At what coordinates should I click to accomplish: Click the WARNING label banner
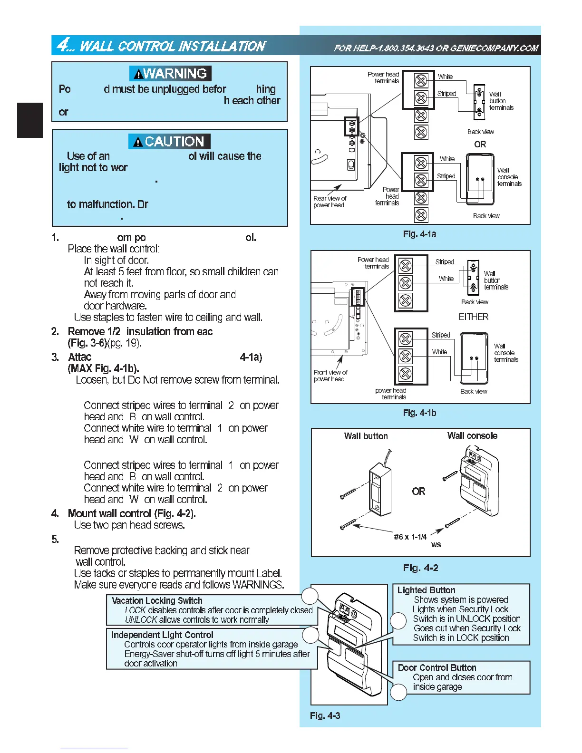(170, 74)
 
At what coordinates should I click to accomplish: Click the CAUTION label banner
(169, 142)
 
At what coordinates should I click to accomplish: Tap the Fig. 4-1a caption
(419, 234)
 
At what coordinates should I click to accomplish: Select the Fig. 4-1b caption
(419, 413)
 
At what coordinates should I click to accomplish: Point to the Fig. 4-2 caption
(420, 568)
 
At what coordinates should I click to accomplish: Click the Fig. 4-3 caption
(325, 715)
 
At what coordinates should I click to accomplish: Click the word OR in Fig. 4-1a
(480, 144)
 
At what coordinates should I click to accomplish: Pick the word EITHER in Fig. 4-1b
(473, 317)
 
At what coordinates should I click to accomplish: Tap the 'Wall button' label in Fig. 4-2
(366, 436)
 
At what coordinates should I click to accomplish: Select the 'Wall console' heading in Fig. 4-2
(472, 435)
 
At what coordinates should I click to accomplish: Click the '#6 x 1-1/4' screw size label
(410, 537)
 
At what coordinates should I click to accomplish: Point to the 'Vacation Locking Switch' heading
(157, 600)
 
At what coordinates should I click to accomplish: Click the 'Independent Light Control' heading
(162, 635)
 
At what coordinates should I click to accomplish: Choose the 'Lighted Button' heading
(426, 590)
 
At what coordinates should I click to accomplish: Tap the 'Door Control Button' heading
(436, 667)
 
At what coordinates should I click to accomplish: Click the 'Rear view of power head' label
(330, 202)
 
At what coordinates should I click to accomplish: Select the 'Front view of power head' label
(330, 376)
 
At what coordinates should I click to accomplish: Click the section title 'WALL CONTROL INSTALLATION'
(172, 46)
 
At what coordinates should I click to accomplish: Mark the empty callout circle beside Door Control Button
(398, 692)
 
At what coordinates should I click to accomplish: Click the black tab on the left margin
(30, 120)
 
